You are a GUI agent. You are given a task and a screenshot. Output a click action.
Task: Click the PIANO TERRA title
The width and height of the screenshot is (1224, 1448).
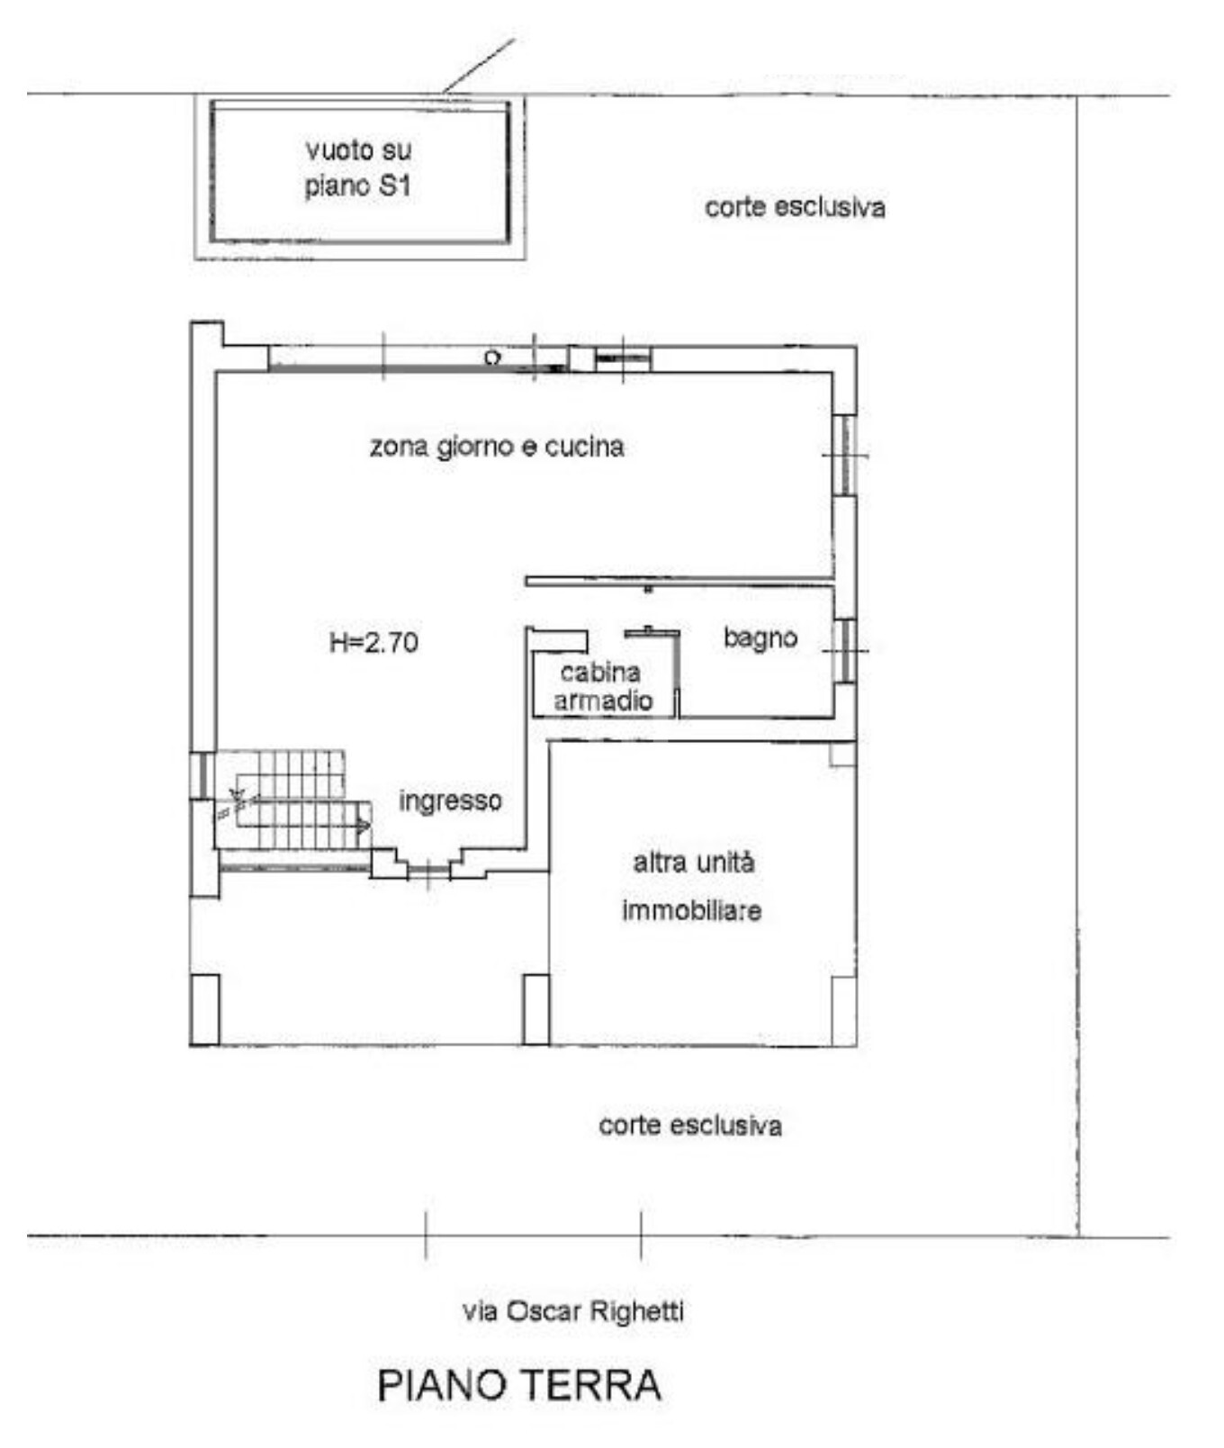click(519, 1384)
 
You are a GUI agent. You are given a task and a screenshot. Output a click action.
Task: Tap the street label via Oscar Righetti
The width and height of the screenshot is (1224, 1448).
click(573, 1310)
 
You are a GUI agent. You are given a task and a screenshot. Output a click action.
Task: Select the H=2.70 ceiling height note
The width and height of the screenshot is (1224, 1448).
click(373, 642)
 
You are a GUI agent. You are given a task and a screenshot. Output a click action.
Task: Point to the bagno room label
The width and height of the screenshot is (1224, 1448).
click(760, 638)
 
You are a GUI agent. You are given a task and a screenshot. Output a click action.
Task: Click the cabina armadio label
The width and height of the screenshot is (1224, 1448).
click(602, 686)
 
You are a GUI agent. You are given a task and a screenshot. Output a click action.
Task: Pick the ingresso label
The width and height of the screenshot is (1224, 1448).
click(450, 801)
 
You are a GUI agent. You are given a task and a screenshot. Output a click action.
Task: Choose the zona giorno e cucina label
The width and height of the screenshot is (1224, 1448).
click(497, 446)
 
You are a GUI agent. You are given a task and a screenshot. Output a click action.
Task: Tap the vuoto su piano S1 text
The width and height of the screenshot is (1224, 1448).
click(358, 167)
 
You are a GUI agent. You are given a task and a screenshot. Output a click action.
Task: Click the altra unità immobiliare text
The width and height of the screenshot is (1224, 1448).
click(692, 887)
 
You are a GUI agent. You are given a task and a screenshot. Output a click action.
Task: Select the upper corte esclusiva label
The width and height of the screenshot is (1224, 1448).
click(795, 207)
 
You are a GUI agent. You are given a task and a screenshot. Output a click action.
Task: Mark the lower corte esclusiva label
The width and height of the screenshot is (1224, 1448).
click(690, 1125)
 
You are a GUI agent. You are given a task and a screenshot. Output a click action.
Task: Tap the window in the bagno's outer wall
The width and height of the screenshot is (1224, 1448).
click(844, 650)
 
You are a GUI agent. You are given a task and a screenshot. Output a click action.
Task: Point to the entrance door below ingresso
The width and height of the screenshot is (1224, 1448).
click(428, 870)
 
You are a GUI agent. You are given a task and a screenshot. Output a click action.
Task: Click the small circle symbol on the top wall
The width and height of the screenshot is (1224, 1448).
click(491, 357)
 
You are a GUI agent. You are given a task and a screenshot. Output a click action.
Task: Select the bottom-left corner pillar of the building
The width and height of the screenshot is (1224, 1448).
click(205, 1009)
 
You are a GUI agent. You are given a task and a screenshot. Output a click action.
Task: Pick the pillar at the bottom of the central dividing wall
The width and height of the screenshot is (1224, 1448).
click(536, 1009)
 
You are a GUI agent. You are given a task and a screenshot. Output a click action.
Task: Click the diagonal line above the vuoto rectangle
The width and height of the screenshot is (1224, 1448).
click(479, 65)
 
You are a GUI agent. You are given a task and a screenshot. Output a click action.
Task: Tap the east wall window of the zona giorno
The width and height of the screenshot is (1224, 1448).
click(844, 455)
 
